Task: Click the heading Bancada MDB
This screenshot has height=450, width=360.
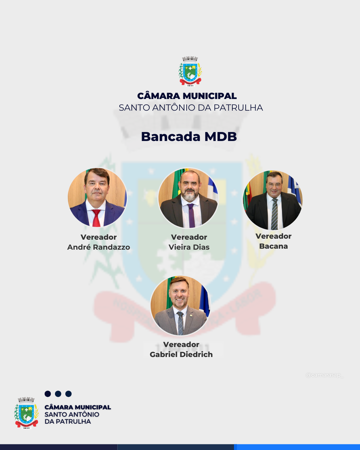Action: [x=189, y=137]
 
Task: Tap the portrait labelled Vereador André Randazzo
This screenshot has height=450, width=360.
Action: [x=97, y=197]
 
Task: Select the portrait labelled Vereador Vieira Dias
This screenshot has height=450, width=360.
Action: [x=188, y=198]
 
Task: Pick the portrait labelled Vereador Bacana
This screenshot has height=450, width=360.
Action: [x=273, y=200]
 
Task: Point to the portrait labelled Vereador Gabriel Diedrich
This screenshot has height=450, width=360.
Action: [x=180, y=306]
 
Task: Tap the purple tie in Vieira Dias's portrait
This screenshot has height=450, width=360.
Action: [x=191, y=215]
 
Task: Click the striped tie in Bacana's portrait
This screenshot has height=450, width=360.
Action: [x=274, y=214]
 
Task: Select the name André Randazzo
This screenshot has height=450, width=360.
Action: [x=99, y=247]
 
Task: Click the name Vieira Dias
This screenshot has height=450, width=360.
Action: [x=189, y=247]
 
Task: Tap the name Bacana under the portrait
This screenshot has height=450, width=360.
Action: [x=273, y=246]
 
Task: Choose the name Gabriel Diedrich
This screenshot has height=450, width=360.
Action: [x=181, y=355]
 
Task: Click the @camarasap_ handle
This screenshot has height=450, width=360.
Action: [x=324, y=375]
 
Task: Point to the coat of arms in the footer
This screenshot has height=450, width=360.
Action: [x=26, y=413]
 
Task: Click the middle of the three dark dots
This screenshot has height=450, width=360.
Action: [x=58, y=394]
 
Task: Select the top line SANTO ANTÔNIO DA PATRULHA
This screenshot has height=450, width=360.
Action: [x=191, y=108]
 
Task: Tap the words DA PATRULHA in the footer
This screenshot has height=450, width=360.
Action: [x=68, y=422]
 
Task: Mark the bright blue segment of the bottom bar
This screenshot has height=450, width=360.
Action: [x=298, y=447]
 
